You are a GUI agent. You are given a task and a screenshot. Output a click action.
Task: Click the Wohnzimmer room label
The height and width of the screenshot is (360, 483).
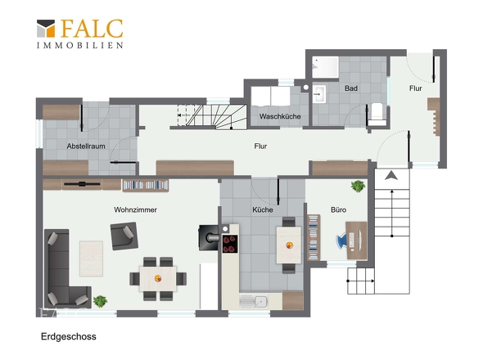point(135,209)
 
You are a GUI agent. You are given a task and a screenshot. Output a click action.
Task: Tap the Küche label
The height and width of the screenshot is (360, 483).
point(263,209)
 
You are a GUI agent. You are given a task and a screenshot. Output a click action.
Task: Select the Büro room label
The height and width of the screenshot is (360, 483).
point(338,209)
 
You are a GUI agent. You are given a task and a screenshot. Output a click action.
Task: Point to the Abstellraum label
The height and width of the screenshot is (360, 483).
point(86,146)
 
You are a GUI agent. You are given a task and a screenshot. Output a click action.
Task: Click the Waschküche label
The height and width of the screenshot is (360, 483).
point(280,116)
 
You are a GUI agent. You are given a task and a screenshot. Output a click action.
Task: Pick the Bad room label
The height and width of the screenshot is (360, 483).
point(351,88)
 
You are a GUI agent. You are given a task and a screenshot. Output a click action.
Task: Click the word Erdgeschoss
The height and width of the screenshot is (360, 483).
point(69,336)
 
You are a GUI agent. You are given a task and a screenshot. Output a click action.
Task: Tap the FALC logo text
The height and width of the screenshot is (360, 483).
point(92,29)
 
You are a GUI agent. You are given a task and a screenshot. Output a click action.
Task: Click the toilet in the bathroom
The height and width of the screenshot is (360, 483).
point(377,114)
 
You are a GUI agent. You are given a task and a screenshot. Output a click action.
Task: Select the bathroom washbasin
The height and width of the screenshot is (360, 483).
point(319,94)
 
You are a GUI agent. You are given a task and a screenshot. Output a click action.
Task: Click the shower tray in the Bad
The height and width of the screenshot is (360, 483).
point(325,67)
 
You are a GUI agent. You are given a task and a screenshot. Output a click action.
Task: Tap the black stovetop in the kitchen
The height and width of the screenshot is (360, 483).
point(230,244)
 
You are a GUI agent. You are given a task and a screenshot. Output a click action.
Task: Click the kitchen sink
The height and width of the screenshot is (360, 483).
point(254,302)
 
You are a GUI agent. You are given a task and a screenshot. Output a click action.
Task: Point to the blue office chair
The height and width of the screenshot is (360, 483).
point(342,241)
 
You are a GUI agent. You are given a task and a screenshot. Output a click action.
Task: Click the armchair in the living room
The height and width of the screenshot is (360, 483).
point(124,236)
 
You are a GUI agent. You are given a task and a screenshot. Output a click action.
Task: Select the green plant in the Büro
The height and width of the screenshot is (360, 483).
point(358,187)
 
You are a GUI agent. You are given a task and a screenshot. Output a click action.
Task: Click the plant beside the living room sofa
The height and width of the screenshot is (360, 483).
point(100,301)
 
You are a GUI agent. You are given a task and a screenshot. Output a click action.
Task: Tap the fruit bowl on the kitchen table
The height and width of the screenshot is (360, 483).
point(289,245)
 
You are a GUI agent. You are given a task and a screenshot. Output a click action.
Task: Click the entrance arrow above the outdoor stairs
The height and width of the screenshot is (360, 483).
point(391,176)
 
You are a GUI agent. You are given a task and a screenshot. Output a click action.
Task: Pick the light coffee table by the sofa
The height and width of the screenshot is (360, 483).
point(91,259)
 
